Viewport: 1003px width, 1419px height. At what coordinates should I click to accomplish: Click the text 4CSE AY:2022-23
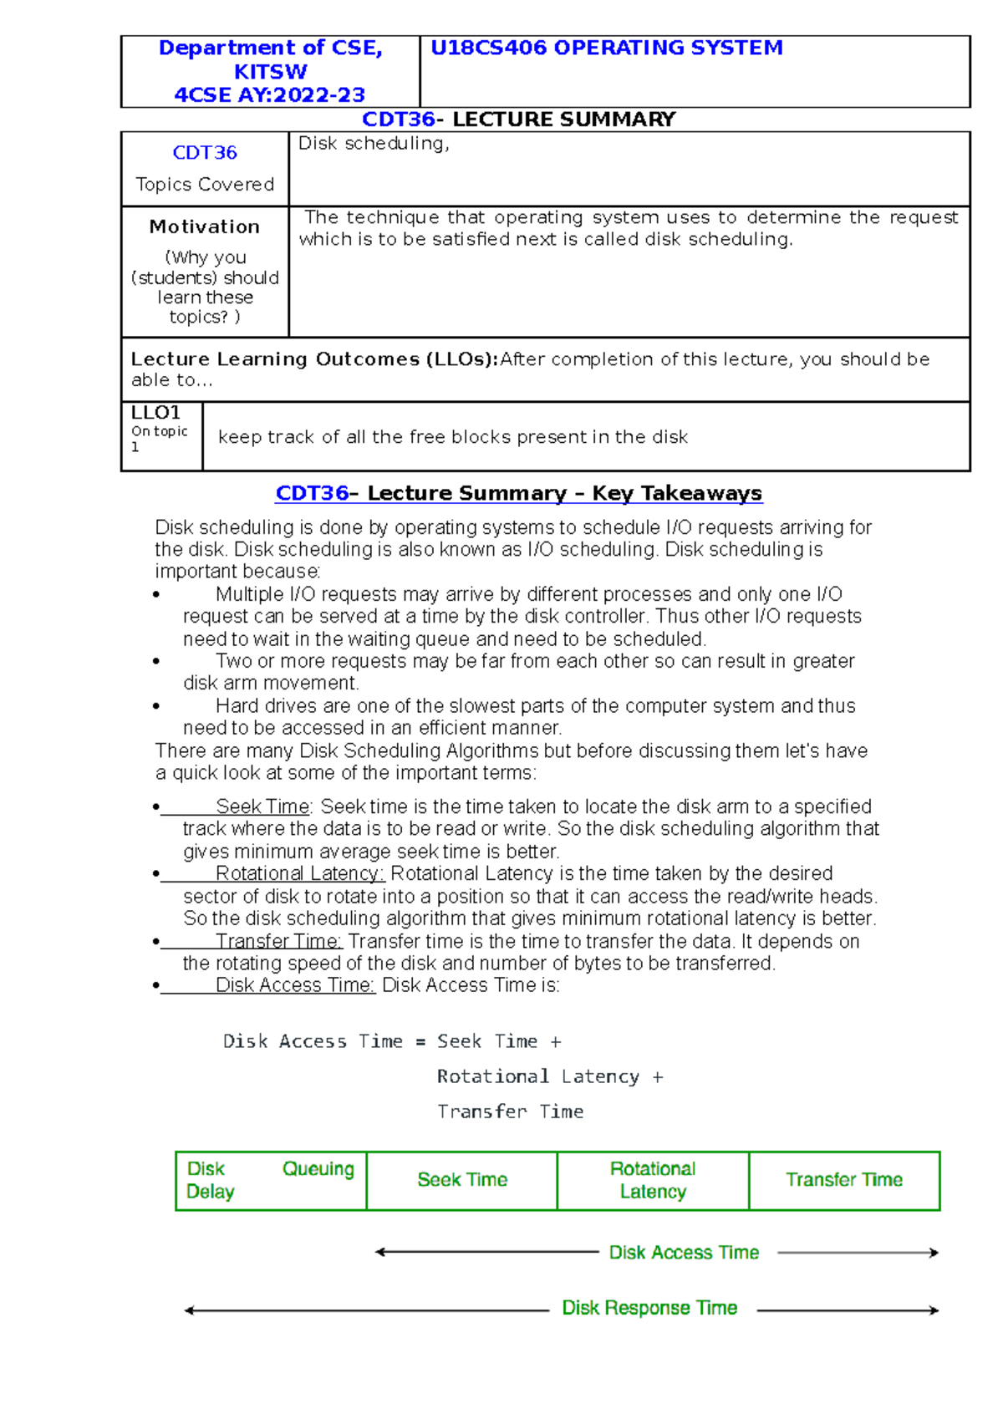click(x=269, y=94)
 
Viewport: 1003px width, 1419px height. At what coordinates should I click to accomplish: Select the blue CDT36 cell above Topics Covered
click(x=205, y=153)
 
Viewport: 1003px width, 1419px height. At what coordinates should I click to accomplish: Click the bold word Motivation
click(x=205, y=226)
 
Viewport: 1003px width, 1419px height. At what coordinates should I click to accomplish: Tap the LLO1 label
click(x=155, y=413)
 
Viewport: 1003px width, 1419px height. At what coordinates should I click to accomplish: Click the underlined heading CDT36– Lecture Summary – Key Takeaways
click(x=518, y=493)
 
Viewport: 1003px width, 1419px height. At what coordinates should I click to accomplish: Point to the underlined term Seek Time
click(x=262, y=806)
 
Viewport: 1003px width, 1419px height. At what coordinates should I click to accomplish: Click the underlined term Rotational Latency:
click(x=299, y=873)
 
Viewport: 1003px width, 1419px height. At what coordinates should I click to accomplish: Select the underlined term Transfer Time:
click(x=278, y=941)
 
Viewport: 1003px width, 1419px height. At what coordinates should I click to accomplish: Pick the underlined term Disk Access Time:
click(x=295, y=985)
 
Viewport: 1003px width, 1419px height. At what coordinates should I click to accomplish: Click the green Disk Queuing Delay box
click(x=270, y=1180)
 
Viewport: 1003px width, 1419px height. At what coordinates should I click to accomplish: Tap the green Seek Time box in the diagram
click(x=462, y=1180)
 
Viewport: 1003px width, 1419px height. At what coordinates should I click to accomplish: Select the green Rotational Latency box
click(x=653, y=1180)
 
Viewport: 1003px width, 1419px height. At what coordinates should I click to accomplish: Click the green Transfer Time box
click(x=844, y=1180)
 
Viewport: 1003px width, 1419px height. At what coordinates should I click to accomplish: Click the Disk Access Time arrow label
click(x=684, y=1253)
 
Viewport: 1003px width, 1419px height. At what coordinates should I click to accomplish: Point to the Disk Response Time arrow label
click(x=649, y=1308)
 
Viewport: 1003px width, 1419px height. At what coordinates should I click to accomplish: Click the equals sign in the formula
click(x=420, y=1042)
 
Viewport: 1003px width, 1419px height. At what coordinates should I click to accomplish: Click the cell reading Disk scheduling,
click(x=374, y=144)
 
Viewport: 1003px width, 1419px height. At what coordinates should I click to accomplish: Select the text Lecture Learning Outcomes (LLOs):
click(x=314, y=359)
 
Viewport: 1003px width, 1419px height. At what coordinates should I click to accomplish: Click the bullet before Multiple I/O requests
click(x=156, y=595)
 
